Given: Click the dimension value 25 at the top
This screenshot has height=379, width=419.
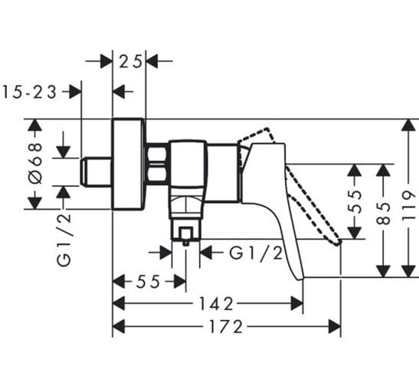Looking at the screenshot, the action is pos(130,62).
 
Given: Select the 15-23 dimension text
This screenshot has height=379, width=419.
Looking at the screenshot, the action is pos(29,93).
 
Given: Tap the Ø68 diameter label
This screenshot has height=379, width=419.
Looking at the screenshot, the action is pos(35,163).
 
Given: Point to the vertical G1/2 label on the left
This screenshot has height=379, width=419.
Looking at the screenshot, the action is pos(64,237).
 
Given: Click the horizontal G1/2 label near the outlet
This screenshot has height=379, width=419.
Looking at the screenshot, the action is pos(256,253).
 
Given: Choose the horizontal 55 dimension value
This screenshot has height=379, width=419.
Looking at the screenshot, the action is pos(148,282).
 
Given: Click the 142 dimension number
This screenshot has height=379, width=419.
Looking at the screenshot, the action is pos(217,304).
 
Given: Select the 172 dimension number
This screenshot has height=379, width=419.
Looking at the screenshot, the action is pos(226,327).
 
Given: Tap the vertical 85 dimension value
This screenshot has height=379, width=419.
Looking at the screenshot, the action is pos(383,214).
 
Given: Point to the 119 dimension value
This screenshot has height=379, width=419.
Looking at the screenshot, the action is pos(409,205).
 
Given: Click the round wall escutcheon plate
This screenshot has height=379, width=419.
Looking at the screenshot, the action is pos(128,163).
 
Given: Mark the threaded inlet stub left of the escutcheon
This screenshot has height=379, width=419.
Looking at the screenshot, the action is pos(96,172).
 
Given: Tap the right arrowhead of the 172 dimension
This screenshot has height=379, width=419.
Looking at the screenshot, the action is pos(334,326).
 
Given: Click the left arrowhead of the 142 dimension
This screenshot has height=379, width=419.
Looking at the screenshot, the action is pos(119,303).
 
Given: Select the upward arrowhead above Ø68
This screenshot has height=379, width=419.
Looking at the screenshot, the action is pos(35,126).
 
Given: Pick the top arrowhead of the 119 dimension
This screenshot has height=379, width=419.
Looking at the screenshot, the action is pos(408,126).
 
